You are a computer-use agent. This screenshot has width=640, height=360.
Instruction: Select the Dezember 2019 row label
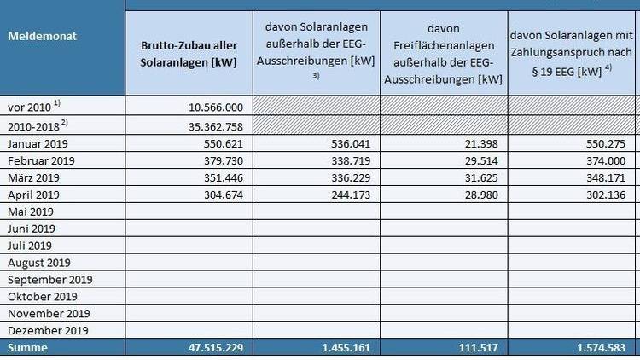(47, 331)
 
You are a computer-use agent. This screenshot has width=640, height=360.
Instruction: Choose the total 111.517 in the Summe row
(478, 348)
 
